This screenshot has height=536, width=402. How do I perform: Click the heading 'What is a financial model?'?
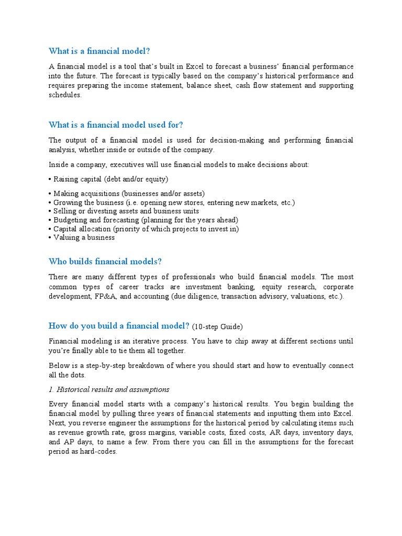tap(99, 51)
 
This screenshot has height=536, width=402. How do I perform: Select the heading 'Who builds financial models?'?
tap(109, 261)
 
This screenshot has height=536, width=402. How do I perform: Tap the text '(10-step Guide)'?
tap(217, 327)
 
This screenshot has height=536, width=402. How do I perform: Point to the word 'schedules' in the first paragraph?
tap(64, 95)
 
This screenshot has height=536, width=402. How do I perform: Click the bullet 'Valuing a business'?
tap(84, 237)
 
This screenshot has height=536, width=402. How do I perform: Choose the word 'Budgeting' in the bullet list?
tap(71, 220)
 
